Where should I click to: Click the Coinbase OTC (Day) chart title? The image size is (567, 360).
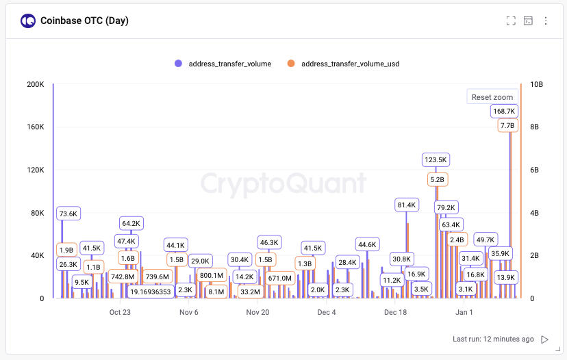point(84,21)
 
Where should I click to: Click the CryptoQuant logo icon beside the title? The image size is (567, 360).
point(28,21)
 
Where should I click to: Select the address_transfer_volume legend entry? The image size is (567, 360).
point(223,64)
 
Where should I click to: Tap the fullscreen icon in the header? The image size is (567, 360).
point(510,21)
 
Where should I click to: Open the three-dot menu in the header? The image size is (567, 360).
point(546,21)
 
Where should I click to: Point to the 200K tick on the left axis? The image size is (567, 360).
point(35,84)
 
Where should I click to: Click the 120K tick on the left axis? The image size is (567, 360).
point(35,170)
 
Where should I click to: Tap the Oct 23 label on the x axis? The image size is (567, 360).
point(120,313)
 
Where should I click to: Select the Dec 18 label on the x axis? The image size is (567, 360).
point(396,313)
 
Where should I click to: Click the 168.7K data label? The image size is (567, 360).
point(504,111)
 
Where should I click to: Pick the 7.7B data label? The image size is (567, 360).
point(507,126)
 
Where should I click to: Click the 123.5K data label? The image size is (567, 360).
point(436,159)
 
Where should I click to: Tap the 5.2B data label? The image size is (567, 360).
point(437,179)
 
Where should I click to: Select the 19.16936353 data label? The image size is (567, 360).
point(151,292)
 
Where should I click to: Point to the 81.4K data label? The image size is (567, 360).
point(407,205)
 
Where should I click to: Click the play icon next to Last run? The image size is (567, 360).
point(545,339)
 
